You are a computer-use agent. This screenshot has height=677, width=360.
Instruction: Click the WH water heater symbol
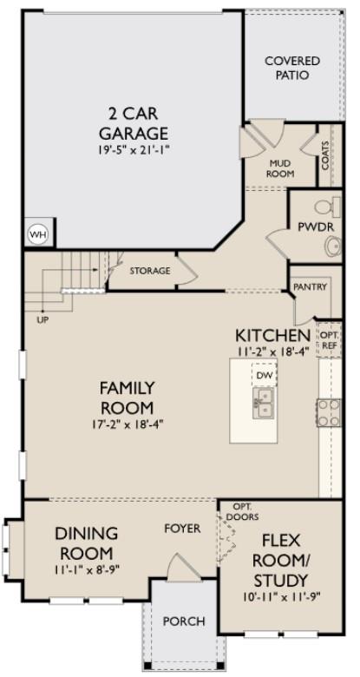[37, 233]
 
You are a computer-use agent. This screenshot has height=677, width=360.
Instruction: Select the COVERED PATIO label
[291, 69]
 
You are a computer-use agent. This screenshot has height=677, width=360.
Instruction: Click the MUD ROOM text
[280, 168]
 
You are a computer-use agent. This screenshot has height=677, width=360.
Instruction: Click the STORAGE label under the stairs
[150, 271]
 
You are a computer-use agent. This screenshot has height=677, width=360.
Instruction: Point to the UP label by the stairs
[42, 319]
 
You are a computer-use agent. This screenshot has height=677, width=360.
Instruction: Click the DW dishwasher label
[264, 375]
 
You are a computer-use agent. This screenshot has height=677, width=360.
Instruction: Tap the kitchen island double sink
[264, 398]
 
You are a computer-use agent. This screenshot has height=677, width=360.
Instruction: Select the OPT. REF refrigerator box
[329, 339]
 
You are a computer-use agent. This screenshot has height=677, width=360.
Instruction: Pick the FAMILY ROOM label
[126, 398]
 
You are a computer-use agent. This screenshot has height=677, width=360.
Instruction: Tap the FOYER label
[183, 528]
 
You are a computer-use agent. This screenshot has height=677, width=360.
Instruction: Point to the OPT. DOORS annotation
[244, 509]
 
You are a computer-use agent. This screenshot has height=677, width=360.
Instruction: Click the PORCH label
[185, 621]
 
